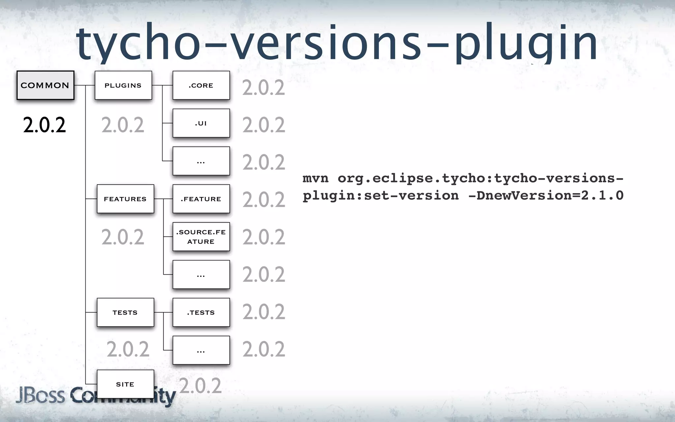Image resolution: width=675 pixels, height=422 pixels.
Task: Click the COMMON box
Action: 45,85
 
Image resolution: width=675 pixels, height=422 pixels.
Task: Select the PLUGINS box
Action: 123,85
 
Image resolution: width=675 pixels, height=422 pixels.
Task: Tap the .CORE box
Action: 201,85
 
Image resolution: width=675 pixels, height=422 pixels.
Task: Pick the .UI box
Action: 201,123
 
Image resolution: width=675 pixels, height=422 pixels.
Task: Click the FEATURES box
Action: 125,199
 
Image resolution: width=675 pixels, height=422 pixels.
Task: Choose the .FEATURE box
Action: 201,199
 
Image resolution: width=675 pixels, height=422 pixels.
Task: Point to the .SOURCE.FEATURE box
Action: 201,237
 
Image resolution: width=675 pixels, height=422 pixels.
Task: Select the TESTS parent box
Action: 125,312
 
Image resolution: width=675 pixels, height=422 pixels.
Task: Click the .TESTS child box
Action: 201,312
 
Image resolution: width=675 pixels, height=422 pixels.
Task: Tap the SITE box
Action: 125,384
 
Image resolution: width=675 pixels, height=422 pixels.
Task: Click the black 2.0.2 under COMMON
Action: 44,125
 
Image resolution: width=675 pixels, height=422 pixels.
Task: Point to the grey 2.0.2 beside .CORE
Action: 264,88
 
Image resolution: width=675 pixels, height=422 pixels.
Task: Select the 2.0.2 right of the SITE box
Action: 200,386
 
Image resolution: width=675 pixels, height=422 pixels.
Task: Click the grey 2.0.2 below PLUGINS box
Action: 123,125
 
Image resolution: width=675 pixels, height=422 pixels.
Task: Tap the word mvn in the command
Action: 315,178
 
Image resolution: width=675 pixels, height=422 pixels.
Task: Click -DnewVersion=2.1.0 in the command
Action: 546,196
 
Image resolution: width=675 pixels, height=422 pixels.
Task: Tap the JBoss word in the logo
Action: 40,395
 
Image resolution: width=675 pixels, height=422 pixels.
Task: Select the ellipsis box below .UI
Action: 201,161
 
